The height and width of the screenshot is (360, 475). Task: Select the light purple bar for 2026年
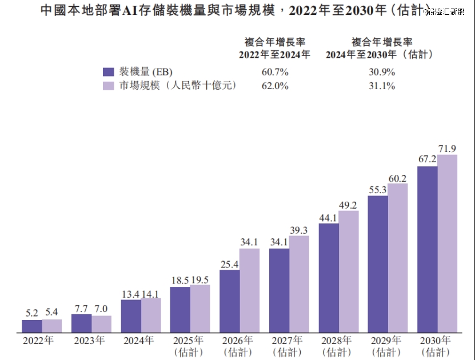[249, 290]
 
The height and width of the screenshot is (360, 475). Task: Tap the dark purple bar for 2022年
[32, 326]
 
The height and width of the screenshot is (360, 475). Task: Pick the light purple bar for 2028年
[348, 271]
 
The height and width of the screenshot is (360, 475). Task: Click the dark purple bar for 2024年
[131, 316]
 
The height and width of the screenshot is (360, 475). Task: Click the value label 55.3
[378, 189]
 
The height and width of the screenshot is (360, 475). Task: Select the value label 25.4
[229, 263]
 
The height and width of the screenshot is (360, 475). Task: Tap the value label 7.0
[101, 309]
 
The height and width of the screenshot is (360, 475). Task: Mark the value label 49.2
[348, 205]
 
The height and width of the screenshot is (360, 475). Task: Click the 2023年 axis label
[89, 341]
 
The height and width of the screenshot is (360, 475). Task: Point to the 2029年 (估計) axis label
[387, 346]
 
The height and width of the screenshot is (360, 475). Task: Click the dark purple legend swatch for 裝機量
[109, 72]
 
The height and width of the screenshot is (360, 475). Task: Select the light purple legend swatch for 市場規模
[109, 86]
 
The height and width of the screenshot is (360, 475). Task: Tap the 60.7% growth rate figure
[275, 73]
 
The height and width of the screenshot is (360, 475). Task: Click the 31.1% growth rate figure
[381, 86]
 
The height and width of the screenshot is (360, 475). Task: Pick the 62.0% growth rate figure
[275, 86]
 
